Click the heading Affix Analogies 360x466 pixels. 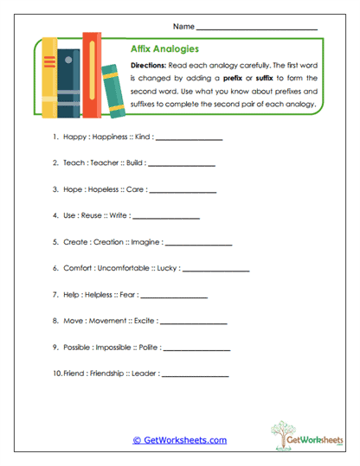[164, 49]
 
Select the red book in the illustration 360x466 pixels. [91, 73]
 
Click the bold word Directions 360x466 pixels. [151, 67]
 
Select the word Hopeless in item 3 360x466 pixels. [108, 188]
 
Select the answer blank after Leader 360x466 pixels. [196, 376]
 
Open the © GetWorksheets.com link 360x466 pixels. [180, 440]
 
